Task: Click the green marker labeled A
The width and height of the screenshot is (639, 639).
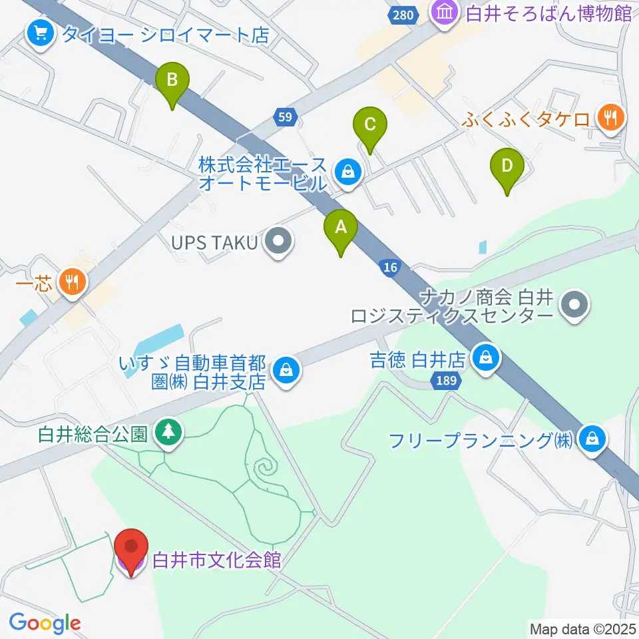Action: [341, 228]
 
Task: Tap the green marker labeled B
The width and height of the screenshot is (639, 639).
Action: [172, 81]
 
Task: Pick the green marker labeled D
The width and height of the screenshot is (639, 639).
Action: [507, 166]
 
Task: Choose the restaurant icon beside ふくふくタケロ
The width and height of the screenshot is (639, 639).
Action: [609, 118]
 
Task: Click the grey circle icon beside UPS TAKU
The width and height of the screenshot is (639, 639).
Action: [278, 243]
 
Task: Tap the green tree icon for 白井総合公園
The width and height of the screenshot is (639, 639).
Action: [168, 433]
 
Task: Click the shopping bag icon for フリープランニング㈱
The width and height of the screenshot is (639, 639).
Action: [591, 438]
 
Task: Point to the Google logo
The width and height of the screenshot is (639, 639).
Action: [45, 624]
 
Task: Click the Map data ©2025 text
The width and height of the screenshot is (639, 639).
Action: [583, 628]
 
